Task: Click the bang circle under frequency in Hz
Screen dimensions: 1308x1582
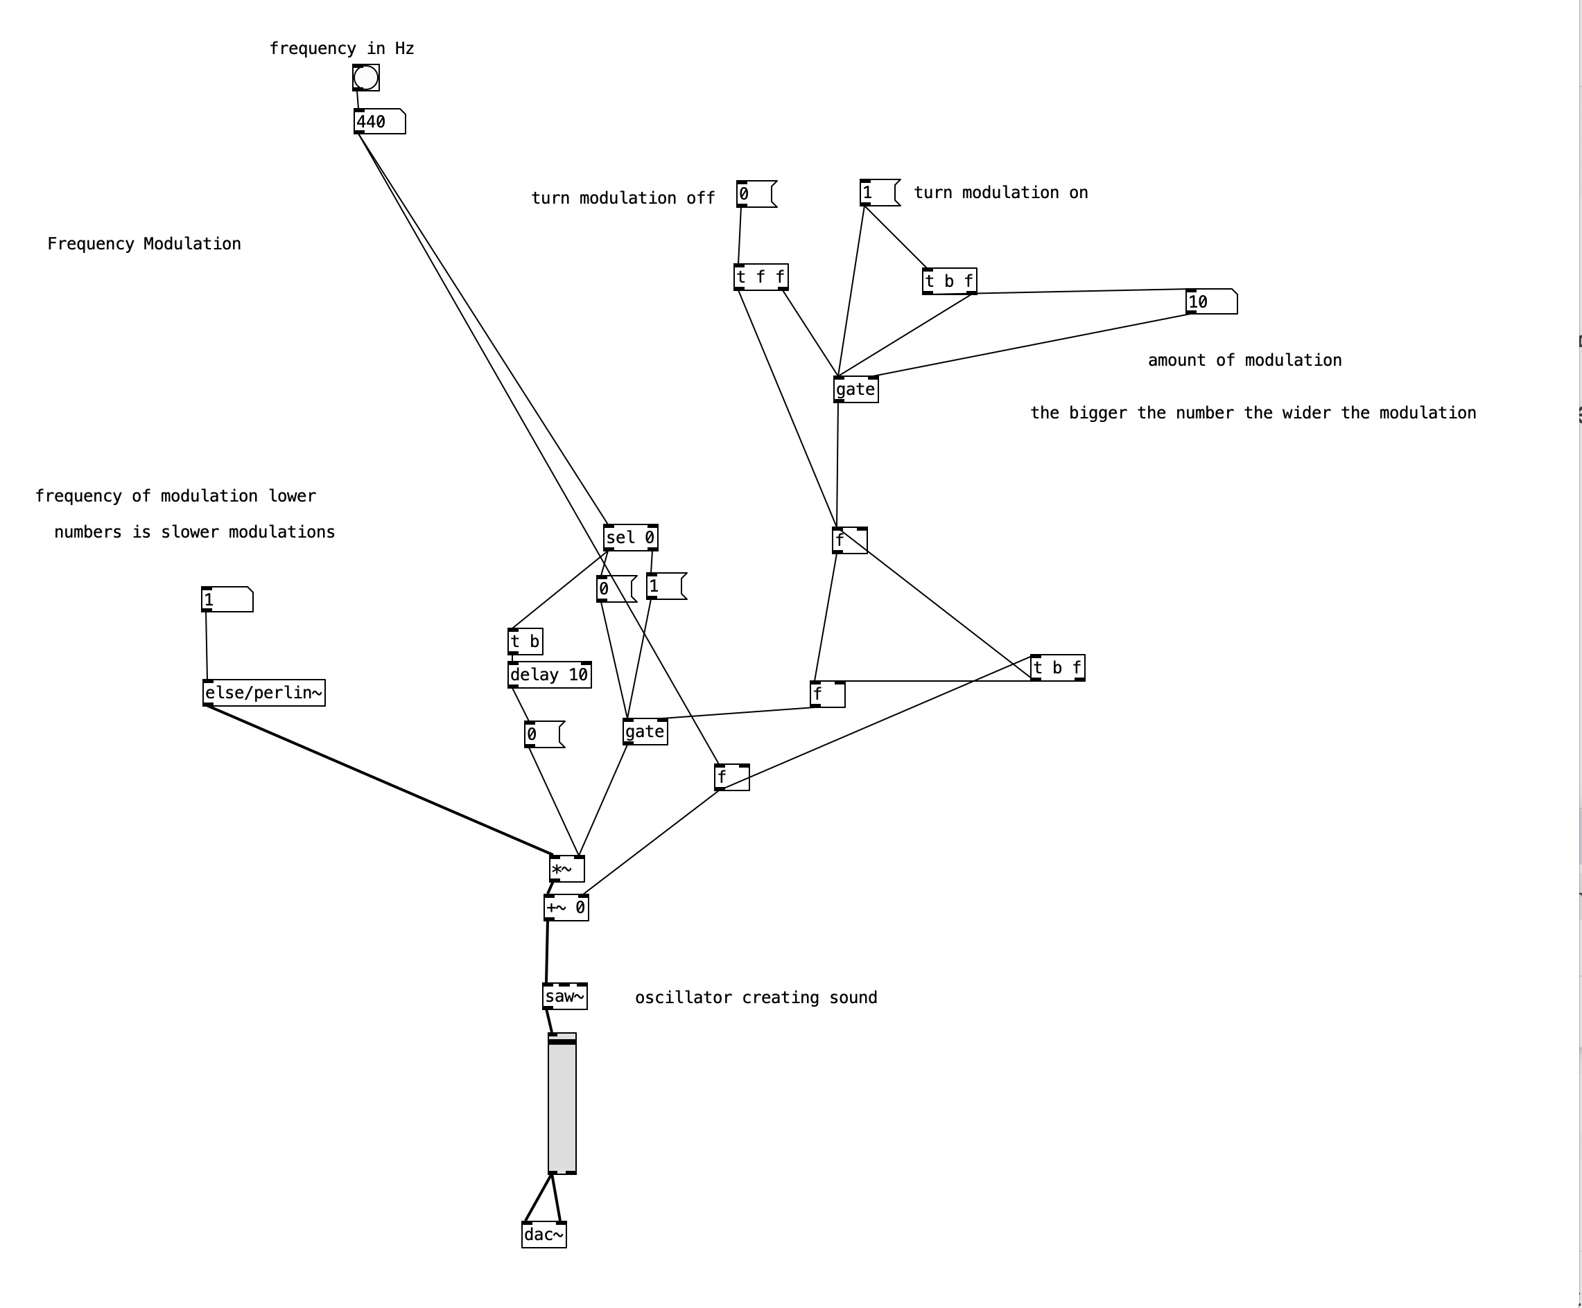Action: coord(365,78)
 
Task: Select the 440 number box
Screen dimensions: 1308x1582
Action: coord(379,122)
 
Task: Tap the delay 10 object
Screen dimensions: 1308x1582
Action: coord(548,675)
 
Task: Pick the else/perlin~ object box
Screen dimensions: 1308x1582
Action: coord(263,693)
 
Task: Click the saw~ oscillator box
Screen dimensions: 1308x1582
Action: coord(564,996)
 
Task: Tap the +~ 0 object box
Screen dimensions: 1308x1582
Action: coord(566,908)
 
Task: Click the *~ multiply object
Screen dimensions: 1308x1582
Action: coord(566,869)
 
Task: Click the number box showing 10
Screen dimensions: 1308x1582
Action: coord(1210,302)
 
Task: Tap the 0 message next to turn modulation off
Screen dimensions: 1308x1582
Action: coord(755,194)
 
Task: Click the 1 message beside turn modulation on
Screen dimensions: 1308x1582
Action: coord(878,193)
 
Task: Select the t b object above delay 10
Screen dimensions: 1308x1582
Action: coord(525,642)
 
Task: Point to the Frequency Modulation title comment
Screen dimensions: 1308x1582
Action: coord(144,244)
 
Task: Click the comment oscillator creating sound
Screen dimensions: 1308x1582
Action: coord(756,998)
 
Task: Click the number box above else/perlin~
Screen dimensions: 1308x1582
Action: coord(227,600)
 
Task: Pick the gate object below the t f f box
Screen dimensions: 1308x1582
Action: coord(855,389)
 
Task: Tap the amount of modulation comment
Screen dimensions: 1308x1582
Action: coord(1244,361)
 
